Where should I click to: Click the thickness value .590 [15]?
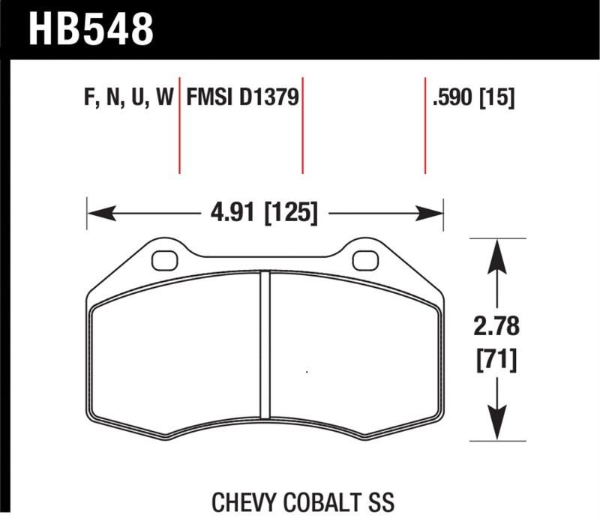point(473,98)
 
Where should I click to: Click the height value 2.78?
point(496,328)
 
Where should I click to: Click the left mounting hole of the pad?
point(162,260)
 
